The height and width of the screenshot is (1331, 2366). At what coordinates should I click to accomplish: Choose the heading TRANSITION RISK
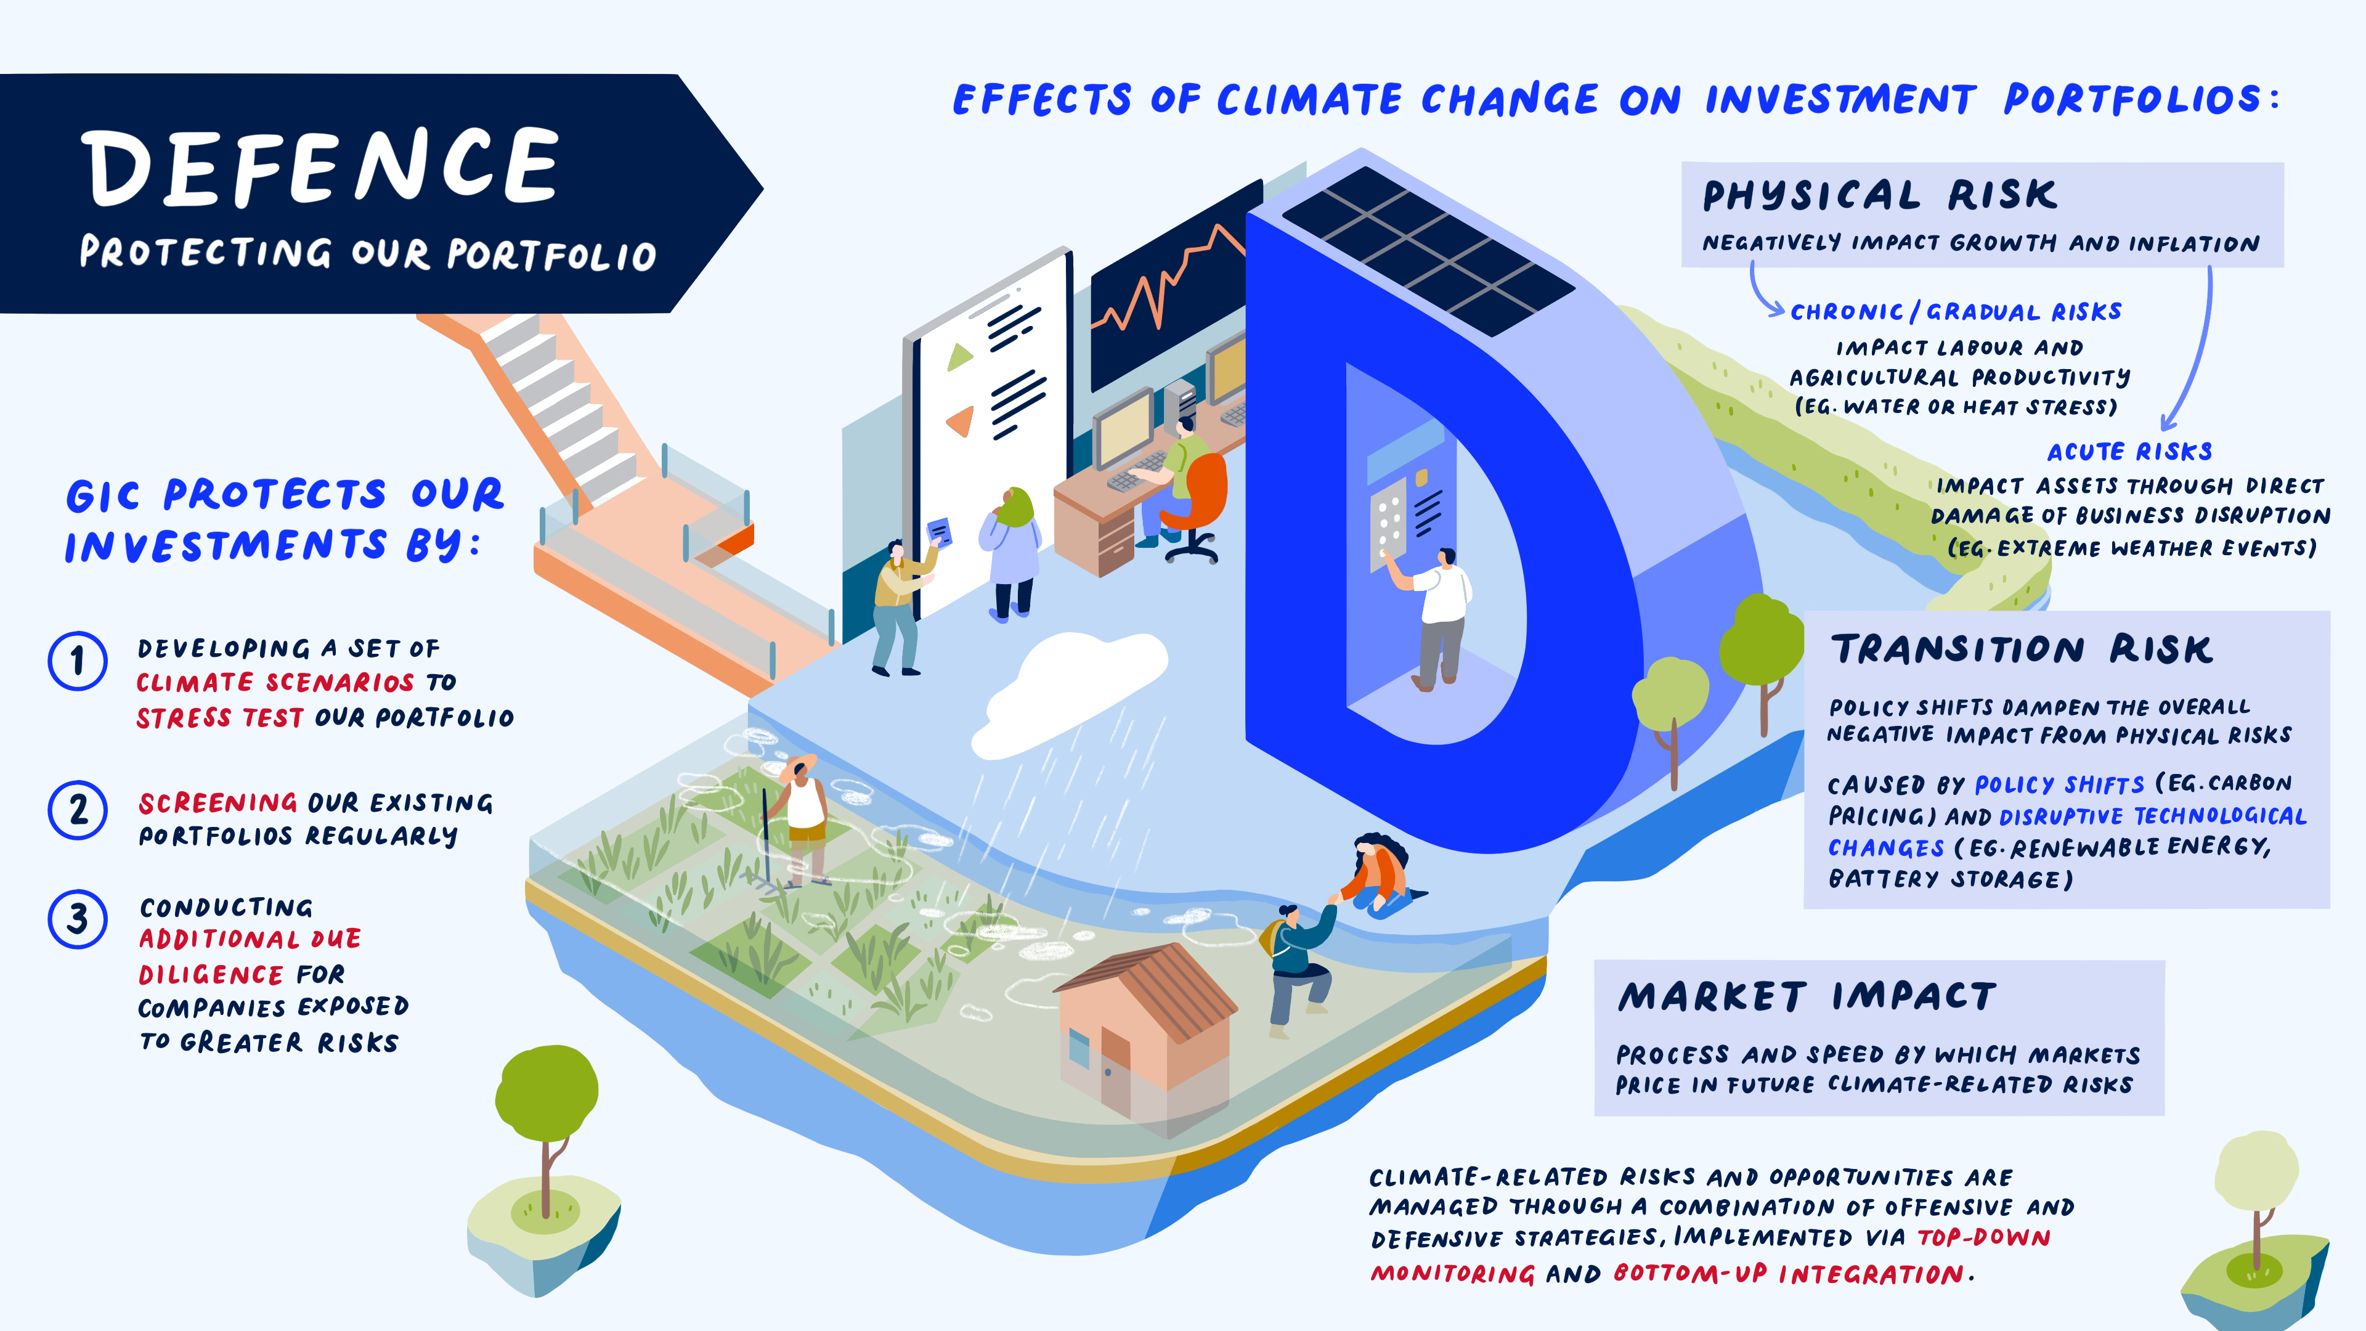tap(2022, 649)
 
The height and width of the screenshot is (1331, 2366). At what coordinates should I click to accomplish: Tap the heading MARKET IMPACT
tap(1807, 996)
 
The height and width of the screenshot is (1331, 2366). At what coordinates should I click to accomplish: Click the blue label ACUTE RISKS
tap(2129, 451)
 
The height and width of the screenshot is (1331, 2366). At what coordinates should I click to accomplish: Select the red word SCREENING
tap(217, 803)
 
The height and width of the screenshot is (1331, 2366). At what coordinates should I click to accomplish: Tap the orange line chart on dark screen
tap(1166, 280)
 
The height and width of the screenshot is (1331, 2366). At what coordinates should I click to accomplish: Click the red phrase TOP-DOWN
tap(1984, 1237)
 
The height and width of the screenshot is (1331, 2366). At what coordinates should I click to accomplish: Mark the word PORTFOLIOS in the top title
tap(2132, 99)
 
